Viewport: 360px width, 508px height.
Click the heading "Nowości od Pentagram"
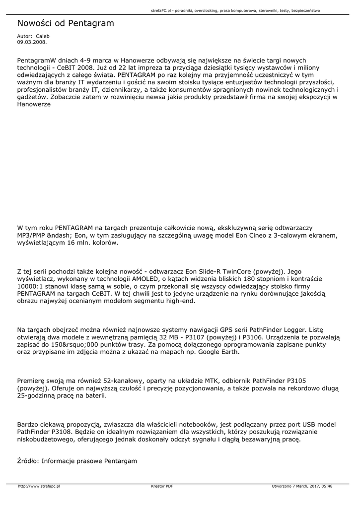click(65, 23)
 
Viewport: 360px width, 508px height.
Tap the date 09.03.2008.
click(31, 42)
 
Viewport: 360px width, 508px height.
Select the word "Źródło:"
click(28, 461)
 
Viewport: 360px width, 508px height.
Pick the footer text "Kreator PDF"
click(162, 487)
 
